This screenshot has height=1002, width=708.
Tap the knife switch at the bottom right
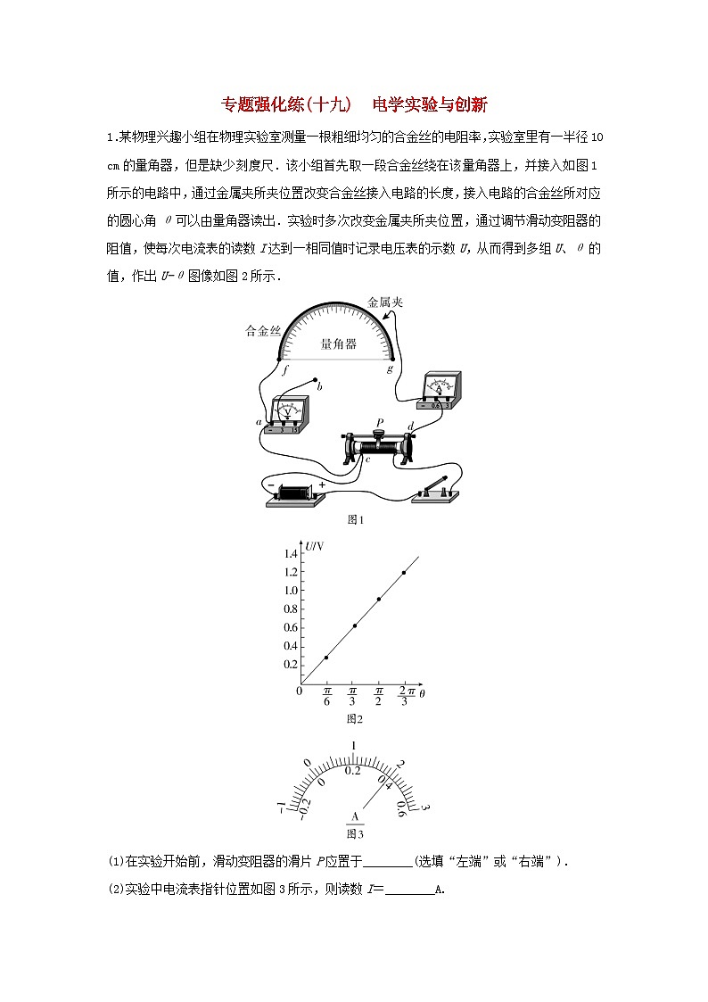click(x=434, y=490)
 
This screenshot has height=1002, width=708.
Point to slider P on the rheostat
click(x=378, y=436)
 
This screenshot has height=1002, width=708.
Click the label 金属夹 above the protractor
click(x=385, y=302)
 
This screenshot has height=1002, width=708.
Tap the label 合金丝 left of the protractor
click(x=262, y=330)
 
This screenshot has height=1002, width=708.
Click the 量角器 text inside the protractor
click(x=339, y=344)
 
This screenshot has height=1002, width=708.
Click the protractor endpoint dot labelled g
click(x=391, y=359)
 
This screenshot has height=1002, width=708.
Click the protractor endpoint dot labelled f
click(x=283, y=359)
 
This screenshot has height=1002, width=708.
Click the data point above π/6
click(x=326, y=658)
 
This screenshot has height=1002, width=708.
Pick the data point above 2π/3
click(x=404, y=573)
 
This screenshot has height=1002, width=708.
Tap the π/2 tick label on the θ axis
click(x=378, y=696)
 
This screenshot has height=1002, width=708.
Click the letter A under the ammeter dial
click(x=355, y=817)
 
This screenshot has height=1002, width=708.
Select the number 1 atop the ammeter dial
click(x=354, y=746)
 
